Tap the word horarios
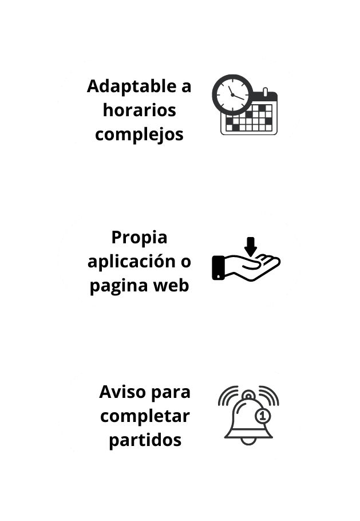139,110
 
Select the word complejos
139,134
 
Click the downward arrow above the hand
250,246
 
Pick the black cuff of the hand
218,267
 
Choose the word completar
145,416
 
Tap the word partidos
145,440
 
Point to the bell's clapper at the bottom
248,441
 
